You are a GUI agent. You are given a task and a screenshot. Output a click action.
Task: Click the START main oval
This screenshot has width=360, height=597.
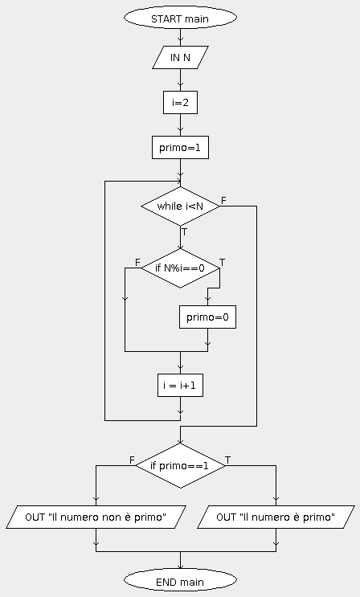click(180, 18)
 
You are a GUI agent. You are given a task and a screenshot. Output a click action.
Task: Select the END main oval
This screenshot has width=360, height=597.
click(180, 581)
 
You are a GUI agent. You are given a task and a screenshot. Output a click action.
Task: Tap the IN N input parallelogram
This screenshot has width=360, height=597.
click(180, 58)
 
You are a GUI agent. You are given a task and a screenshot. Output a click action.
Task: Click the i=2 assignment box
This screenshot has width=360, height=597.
click(180, 102)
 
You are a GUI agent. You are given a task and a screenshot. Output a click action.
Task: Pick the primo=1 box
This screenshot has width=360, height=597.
click(180, 147)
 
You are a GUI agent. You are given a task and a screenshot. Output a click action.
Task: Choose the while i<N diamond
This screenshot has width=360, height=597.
click(180, 206)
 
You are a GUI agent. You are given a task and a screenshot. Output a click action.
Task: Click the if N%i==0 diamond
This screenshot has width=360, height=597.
click(180, 268)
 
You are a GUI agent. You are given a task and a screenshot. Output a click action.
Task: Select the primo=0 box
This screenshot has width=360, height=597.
click(207, 317)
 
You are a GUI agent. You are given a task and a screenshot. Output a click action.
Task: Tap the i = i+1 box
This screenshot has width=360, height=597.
click(180, 386)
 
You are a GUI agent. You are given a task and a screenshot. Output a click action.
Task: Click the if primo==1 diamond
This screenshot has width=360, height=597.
click(180, 465)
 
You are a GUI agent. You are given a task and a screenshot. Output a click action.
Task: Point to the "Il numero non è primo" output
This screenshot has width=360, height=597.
click(96, 517)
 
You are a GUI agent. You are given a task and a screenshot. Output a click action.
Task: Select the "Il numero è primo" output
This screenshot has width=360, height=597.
click(276, 517)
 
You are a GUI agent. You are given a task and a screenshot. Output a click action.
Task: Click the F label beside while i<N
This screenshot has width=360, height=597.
click(223, 200)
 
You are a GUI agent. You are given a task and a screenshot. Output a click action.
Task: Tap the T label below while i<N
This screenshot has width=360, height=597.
click(184, 231)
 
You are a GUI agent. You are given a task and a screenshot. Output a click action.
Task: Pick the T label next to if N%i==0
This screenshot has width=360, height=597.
click(223, 262)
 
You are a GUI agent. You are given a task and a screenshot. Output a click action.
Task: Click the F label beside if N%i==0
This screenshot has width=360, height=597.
click(137, 262)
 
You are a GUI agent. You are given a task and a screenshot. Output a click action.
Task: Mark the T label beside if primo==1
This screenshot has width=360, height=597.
click(227, 460)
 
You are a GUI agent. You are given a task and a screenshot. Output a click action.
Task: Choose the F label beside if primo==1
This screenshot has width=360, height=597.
click(132, 460)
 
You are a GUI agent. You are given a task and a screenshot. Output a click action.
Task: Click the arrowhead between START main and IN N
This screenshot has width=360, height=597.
click(180, 39)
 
